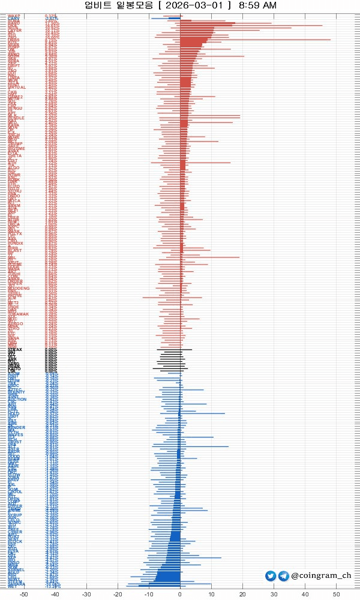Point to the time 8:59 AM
[x=257, y=5]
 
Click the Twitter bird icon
[x=271, y=576]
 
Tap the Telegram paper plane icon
[x=283, y=576]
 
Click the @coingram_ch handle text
[x=321, y=576]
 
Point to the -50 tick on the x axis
[x=24, y=595]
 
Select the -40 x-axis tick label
[x=55, y=595]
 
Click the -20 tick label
[x=118, y=595]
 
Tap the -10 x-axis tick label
[x=149, y=595]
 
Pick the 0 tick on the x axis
[x=180, y=595]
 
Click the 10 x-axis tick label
[x=211, y=595]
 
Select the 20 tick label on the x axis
[x=242, y=595]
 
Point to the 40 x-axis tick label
[x=305, y=595]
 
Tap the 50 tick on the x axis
[x=336, y=595]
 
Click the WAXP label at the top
[x=14, y=16]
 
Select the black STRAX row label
[x=15, y=349]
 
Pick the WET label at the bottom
[x=13, y=586]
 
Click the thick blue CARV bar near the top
[x=174, y=19]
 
